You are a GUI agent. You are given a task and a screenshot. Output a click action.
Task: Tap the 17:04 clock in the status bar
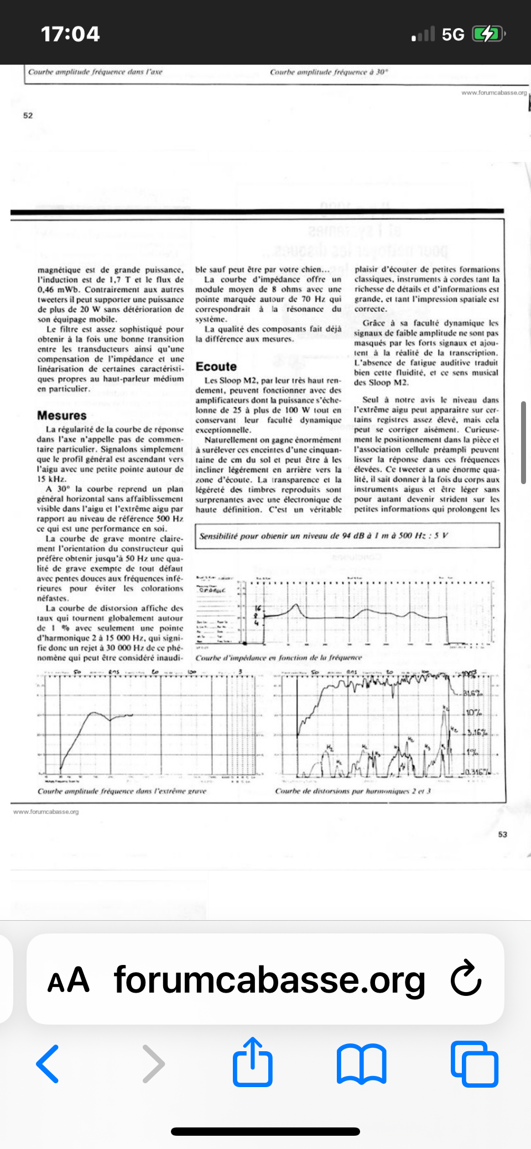[x=70, y=34]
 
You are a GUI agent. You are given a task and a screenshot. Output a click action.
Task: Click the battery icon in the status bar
[x=488, y=34]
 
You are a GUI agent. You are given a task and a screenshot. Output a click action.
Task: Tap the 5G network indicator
[x=452, y=35]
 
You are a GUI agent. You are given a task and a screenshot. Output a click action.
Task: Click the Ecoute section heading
[x=216, y=366]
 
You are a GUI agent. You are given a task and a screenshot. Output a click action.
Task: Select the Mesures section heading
[x=62, y=416]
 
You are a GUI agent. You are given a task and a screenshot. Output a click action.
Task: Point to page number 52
[x=28, y=116]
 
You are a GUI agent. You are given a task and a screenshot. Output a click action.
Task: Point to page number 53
[x=502, y=835]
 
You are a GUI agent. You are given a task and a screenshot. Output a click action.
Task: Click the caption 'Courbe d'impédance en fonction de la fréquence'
[x=278, y=658]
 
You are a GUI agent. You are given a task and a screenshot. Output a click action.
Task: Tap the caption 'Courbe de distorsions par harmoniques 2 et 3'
[x=352, y=791]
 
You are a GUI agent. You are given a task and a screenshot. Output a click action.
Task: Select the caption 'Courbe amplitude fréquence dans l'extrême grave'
[x=122, y=791]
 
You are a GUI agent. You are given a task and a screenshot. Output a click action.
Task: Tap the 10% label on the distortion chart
[x=473, y=712]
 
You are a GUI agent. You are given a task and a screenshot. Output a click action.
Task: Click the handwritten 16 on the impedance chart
[x=258, y=608]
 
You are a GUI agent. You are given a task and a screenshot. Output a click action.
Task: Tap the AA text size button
[x=68, y=980]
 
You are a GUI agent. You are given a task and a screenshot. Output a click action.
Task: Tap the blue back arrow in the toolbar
[x=48, y=1063]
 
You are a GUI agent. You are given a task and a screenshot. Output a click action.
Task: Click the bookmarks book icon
[x=362, y=1063]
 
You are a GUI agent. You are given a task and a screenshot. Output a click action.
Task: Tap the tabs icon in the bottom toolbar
[x=474, y=1063]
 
